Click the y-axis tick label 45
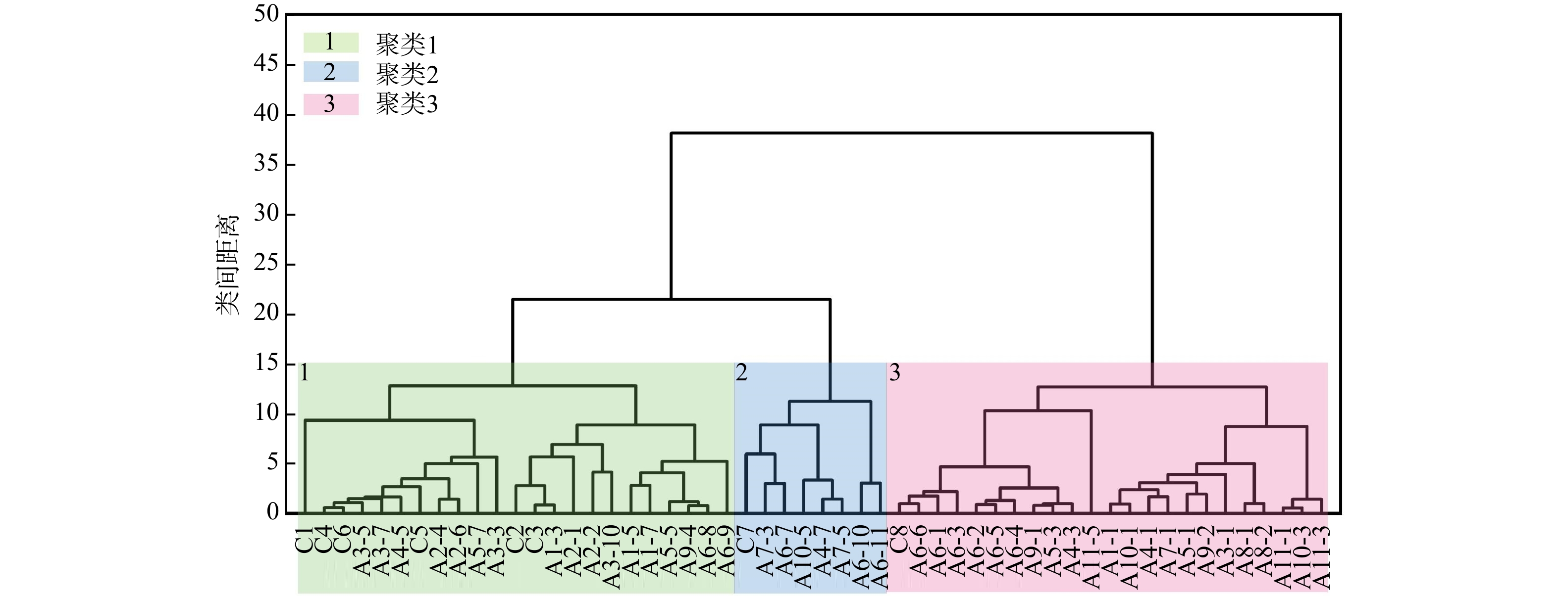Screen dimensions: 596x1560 click(266, 63)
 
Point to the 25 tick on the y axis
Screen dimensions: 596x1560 click(266, 263)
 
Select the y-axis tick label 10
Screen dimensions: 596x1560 click(266, 413)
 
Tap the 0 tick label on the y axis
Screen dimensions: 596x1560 click(272, 512)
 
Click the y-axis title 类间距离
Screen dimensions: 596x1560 click(227, 265)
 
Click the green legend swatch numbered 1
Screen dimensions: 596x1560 click(331, 43)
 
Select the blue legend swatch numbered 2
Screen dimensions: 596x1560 click(331, 72)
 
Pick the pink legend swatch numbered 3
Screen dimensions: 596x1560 click(331, 104)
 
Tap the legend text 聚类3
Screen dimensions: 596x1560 click(407, 104)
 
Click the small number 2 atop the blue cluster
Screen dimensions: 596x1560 click(741, 373)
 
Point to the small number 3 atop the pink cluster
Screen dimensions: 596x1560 click(894, 373)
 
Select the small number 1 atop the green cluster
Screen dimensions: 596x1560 click(304, 373)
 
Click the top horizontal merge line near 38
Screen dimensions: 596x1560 click(911, 133)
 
